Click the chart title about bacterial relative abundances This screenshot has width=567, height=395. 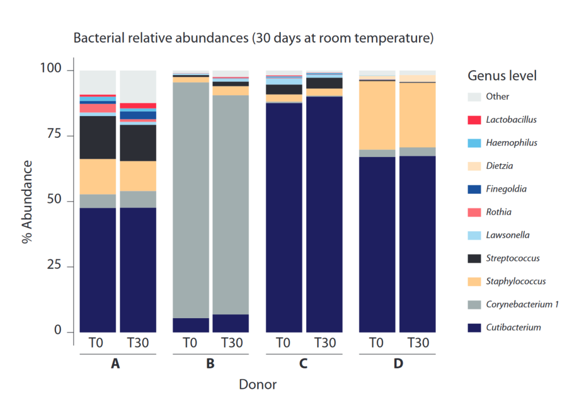[x=253, y=39]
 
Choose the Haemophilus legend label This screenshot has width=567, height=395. [x=511, y=143]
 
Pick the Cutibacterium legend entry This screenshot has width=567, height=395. [x=513, y=328]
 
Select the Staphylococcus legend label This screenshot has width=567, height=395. [x=516, y=281]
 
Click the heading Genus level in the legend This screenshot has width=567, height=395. [x=502, y=76]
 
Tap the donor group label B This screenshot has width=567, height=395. [x=210, y=364]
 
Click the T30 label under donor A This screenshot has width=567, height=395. [x=138, y=343]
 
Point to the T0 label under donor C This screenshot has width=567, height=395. [x=284, y=343]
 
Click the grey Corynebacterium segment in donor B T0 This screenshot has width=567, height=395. [x=191, y=199]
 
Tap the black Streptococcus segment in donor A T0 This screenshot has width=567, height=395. [x=98, y=137]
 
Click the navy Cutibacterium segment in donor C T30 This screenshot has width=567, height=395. [x=324, y=216]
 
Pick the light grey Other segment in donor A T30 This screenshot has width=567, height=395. [x=138, y=86]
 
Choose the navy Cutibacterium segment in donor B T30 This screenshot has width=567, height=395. [x=231, y=323]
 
